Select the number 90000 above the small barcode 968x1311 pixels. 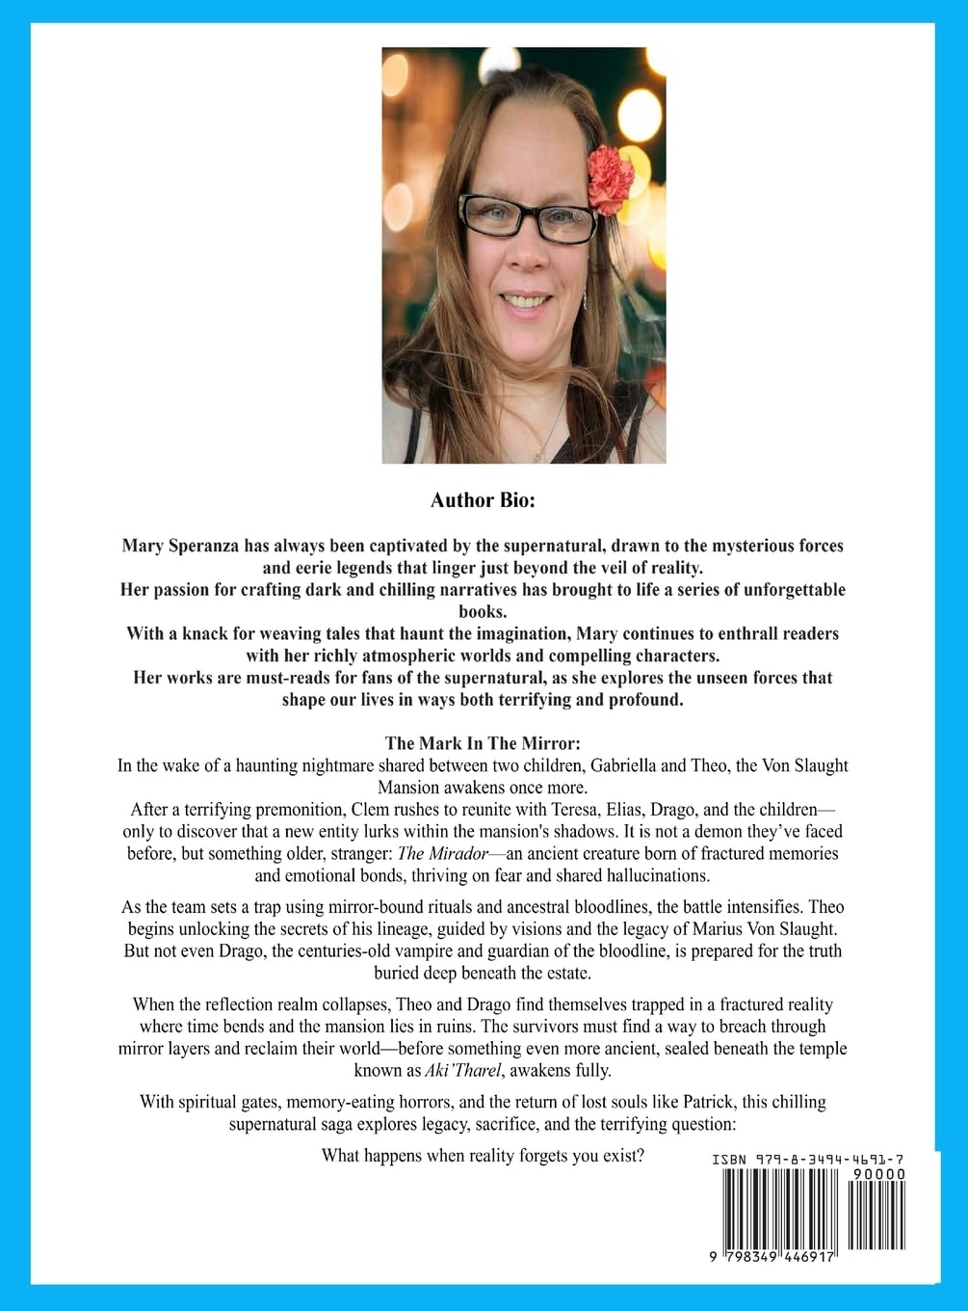point(877,1174)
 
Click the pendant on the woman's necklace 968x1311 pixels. point(545,445)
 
